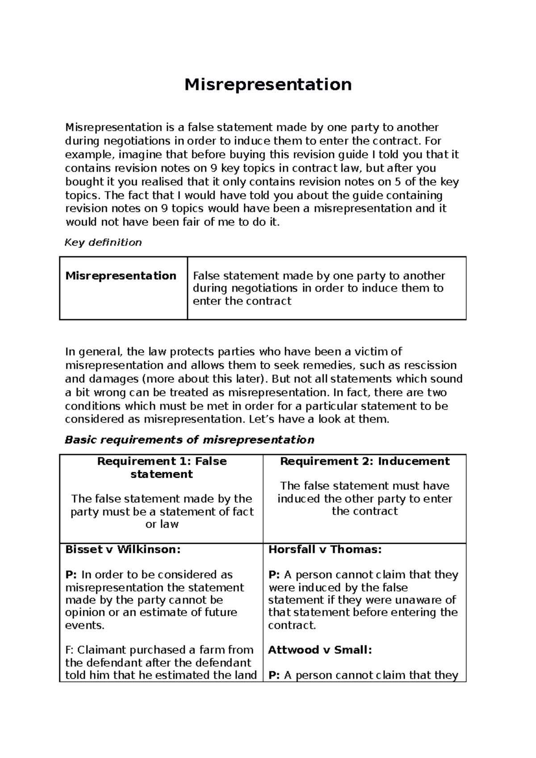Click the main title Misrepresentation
click(268, 84)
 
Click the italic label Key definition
click(103, 242)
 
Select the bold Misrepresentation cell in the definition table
click(121, 276)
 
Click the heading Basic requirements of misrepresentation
click(189, 440)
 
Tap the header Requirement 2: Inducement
click(364, 461)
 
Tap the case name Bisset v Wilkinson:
click(123, 550)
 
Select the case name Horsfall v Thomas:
click(325, 550)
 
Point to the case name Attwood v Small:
click(320, 650)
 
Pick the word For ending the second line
click(433, 141)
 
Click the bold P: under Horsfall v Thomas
click(274, 575)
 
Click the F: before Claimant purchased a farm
click(71, 650)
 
